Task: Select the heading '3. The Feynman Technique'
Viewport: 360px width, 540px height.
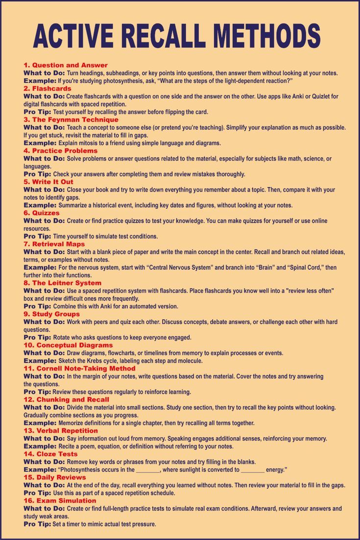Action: pyautogui.click(x=71, y=119)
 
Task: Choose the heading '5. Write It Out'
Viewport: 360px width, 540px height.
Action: pyautogui.click(x=48, y=182)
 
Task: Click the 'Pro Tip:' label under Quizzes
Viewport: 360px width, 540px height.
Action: pyautogui.click(x=37, y=236)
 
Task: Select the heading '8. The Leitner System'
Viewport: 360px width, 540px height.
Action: pyautogui.click(x=62, y=283)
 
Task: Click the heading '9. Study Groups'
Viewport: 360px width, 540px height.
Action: pyautogui.click(x=51, y=314)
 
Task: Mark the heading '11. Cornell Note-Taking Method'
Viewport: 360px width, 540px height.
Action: pyautogui.click(x=80, y=368)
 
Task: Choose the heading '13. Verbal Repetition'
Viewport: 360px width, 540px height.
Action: pyautogui.click(x=61, y=431)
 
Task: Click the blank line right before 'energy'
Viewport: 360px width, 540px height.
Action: pyautogui.click(x=253, y=470)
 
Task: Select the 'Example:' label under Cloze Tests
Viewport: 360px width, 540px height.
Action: pyautogui.click(x=40, y=470)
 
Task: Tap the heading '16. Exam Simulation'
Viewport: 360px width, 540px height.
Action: pyautogui.click(x=60, y=501)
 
